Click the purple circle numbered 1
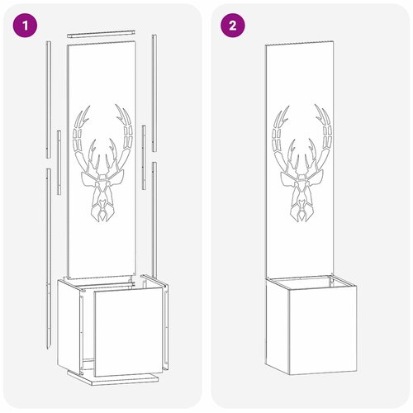click(x=25, y=26)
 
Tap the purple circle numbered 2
click(x=233, y=26)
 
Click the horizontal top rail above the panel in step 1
click(x=101, y=34)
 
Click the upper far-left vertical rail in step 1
click(x=49, y=100)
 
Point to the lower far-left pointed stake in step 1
click(x=49, y=259)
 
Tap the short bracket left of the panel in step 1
click(x=59, y=163)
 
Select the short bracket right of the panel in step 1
click(x=144, y=157)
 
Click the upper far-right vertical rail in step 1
click(x=154, y=93)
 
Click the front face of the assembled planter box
click(x=323, y=330)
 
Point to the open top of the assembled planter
click(x=311, y=283)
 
